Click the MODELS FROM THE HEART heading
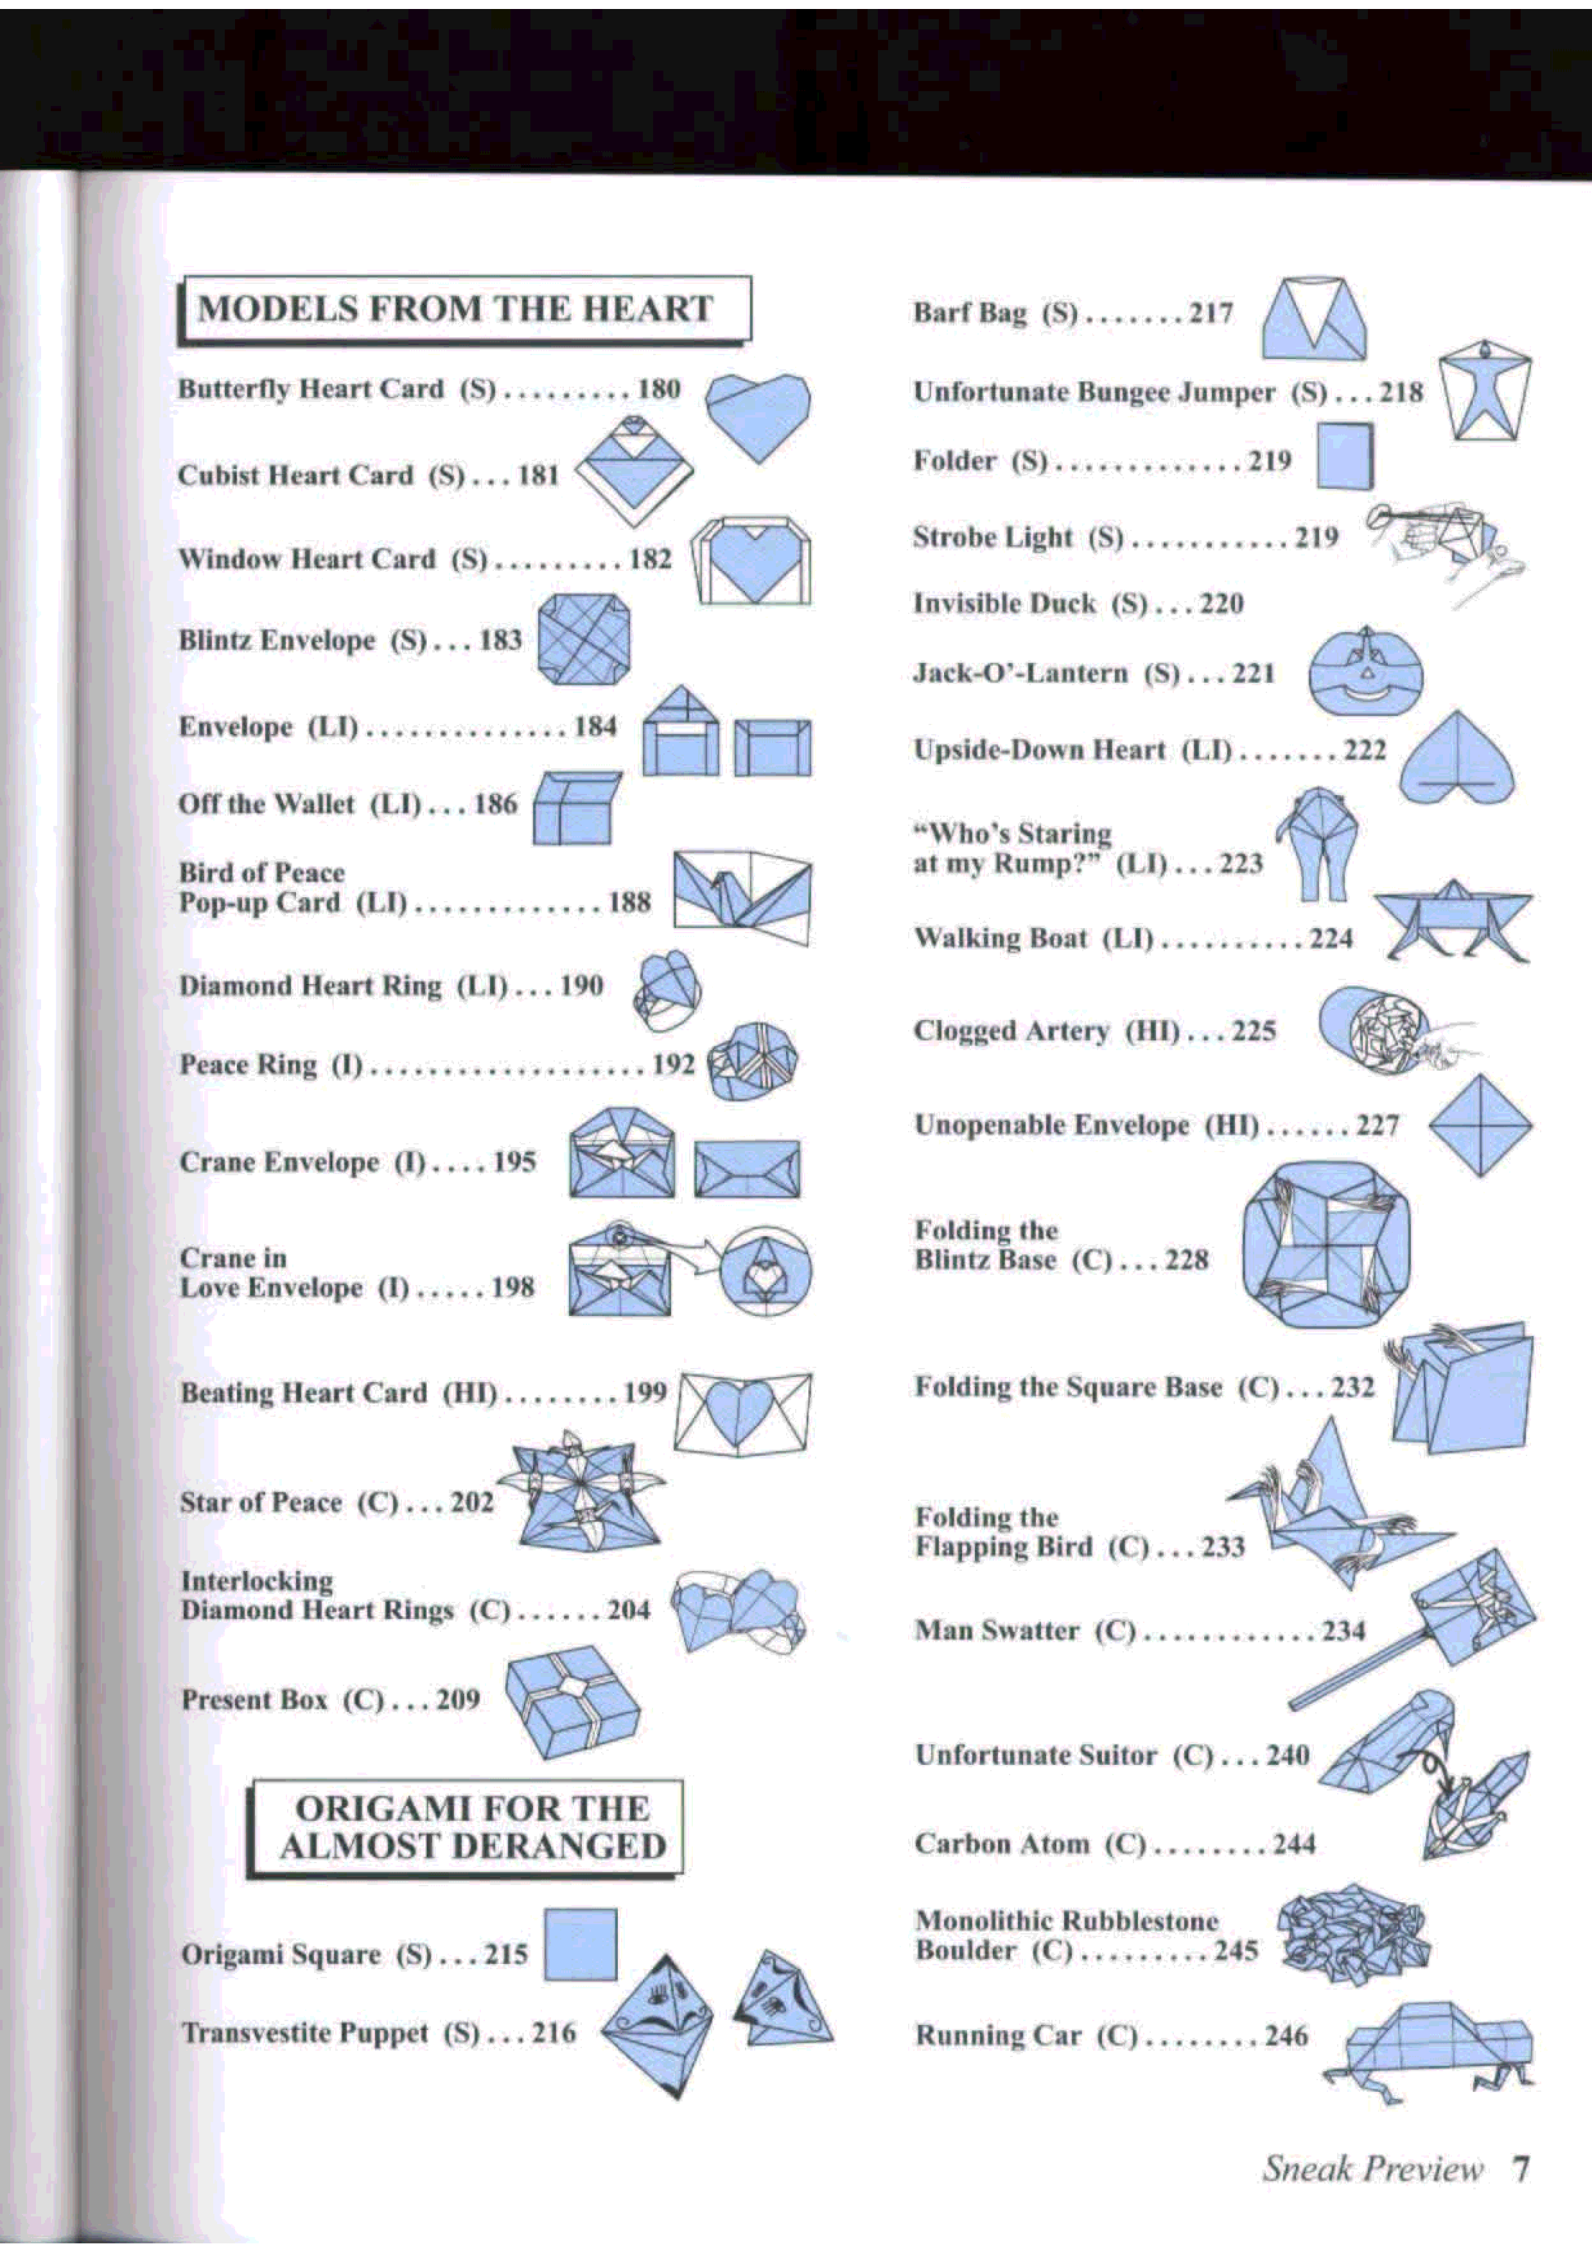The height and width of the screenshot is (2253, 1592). click(455, 308)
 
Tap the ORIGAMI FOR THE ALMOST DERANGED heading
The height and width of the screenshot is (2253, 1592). click(473, 1827)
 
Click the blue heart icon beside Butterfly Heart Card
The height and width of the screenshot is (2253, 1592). click(758, 414)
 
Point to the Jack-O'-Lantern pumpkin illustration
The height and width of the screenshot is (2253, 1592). click(1365, 672)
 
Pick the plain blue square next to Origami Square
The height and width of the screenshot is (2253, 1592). click(580, 1944)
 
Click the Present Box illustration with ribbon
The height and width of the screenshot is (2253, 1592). click(572, 1701)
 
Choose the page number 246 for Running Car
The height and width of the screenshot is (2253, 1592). click(1286, 2035)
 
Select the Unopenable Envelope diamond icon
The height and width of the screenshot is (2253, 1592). click(1480, 1125)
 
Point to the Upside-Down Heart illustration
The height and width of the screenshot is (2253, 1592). click(1456, 757)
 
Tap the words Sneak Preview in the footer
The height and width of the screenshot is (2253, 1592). click(1372, 2167)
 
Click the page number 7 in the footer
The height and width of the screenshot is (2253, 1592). click(1519, 2167)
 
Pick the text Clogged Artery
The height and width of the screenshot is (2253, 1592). click(1011, 1031)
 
